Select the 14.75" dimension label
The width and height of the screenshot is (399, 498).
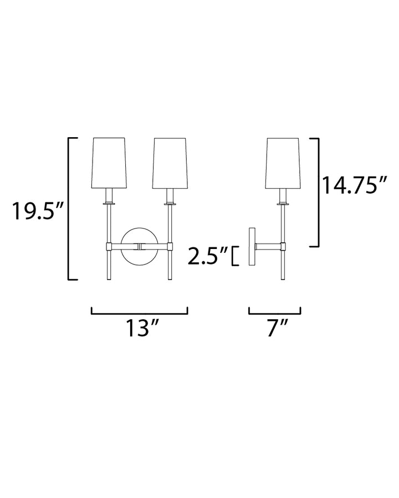(355, 185)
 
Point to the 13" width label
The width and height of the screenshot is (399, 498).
(142, 328)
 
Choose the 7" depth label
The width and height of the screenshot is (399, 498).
(277, 328)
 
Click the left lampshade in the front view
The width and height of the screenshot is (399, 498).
(109, 163)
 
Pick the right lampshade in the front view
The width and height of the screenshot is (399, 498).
(170, 163)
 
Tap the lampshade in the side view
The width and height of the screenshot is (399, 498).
(283, 163)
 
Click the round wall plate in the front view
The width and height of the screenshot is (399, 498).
(139, 246)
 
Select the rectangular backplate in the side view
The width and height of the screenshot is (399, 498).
(252, 246)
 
